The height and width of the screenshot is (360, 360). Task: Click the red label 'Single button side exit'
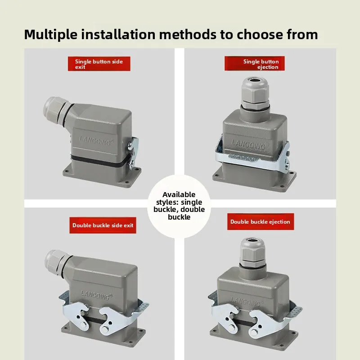(99, 64)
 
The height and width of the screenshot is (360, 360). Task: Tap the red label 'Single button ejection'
(254, 63)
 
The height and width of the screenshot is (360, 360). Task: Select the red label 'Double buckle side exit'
(103, 225)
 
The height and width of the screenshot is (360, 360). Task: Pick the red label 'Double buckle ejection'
(261, 222)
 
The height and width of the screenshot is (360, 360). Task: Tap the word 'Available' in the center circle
(179, 194)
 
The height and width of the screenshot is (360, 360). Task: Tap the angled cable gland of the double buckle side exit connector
(58, 262)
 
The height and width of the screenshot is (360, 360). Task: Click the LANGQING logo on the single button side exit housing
(96, 140)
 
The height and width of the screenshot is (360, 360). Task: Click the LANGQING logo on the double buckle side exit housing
(96, 295)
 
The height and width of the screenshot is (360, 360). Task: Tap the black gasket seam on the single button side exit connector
(100, 160)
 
